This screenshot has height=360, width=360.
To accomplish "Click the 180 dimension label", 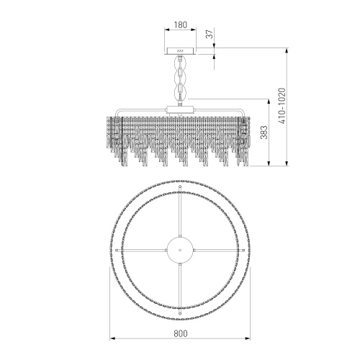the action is (x=180, y=24).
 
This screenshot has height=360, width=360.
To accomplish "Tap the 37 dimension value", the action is (x=210, y=34).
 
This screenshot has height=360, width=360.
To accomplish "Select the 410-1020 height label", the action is (x=282, y=106).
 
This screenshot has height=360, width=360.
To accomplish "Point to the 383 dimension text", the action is (x=264, y=132).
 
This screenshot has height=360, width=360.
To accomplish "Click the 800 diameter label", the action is (x=180, y=333).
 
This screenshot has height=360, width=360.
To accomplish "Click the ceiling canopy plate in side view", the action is (x=180, y=51).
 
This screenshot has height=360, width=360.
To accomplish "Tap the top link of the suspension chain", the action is (x=180, y=63).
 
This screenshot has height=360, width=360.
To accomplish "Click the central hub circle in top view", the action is (x=180, y=250).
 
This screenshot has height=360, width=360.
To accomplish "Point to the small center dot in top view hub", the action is (x=180, y=250).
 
